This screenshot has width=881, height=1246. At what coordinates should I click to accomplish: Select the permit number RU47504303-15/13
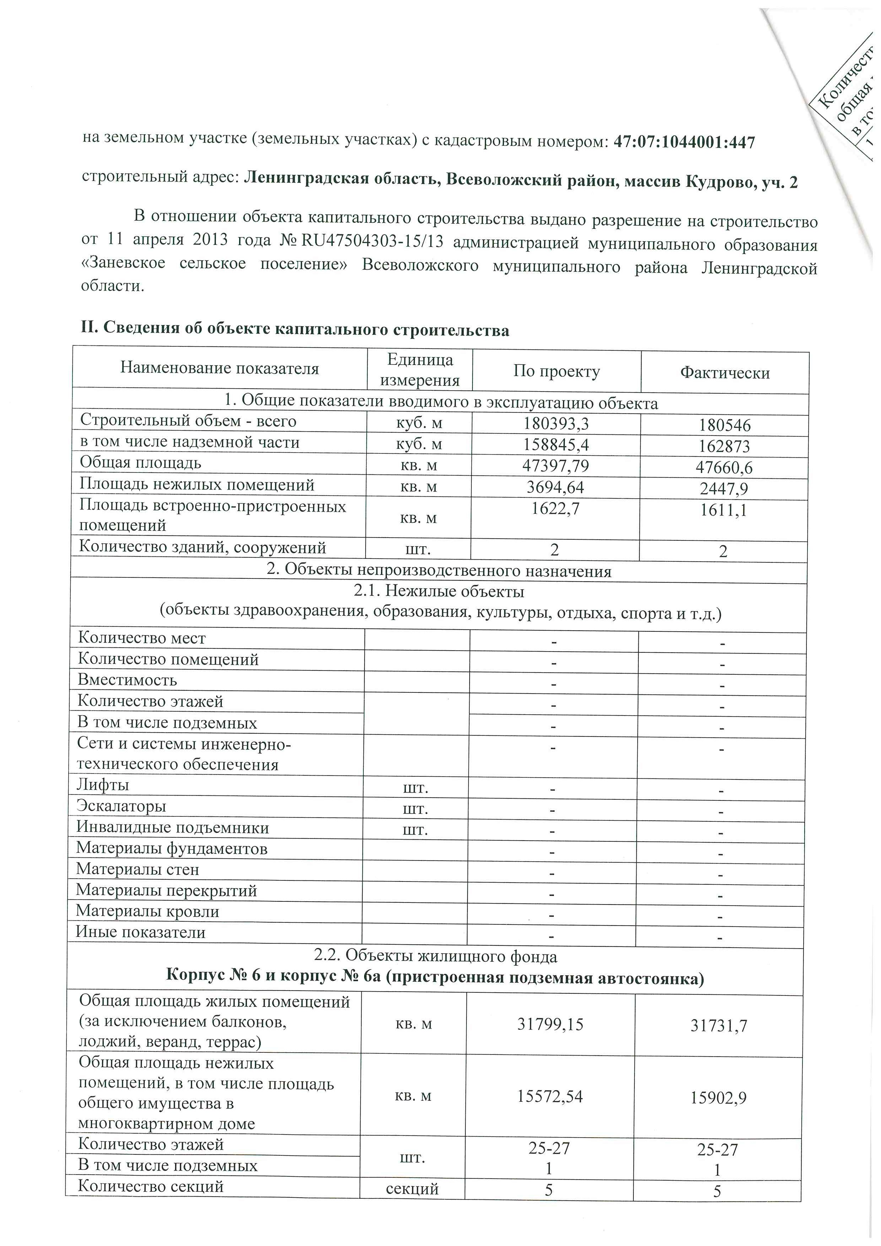point(372,242)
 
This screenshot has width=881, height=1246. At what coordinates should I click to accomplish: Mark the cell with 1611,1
point(724,511)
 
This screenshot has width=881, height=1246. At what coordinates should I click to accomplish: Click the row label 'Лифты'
point(103,785)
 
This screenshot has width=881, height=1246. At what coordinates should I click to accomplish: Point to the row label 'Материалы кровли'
point(147,911)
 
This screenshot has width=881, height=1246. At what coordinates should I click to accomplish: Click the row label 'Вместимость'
point(128,680)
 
